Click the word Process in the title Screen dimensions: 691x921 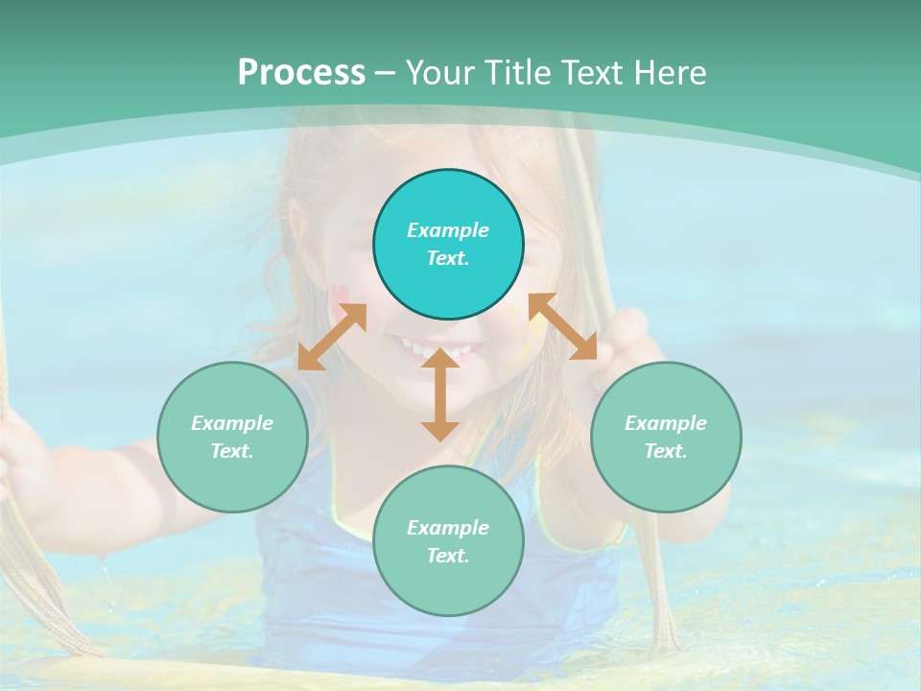click(x=301, y=73)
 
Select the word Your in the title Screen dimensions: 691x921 click(x=440, y=73)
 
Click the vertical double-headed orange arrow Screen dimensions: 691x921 click(x=439, y=394)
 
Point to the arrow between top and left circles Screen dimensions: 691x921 click(x=332, y=337)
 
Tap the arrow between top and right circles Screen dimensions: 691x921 click(x=563, y=326)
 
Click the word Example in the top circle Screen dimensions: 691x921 click(x=448, y=230)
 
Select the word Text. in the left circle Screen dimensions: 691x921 click(x=232, y=451)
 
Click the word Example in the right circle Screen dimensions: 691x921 click(x=666, y=423)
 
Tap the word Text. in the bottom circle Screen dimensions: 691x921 click(x=448, y=556)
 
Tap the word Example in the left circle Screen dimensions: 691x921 click(x=232, y=423)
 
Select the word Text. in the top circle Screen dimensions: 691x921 click(x=448, y=258)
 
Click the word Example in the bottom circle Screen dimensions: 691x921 click(x=448, y=528)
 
